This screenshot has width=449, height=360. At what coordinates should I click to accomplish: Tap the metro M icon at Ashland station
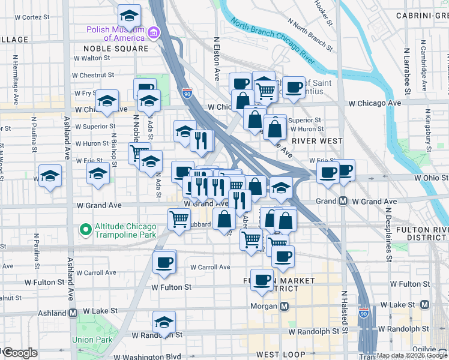click(73, 313)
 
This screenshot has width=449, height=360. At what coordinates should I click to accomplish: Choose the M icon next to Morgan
click(285, 307)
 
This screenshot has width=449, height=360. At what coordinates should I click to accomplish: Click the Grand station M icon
click(343, 201)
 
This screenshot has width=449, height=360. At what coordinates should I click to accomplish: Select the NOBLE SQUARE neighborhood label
click(115, 49)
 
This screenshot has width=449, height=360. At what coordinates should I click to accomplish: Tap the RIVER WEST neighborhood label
click(317, 141)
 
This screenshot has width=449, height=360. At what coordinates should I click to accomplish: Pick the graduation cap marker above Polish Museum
click(129, 15)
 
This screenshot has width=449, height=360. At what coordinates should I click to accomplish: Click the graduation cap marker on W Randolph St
click(164, 322)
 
